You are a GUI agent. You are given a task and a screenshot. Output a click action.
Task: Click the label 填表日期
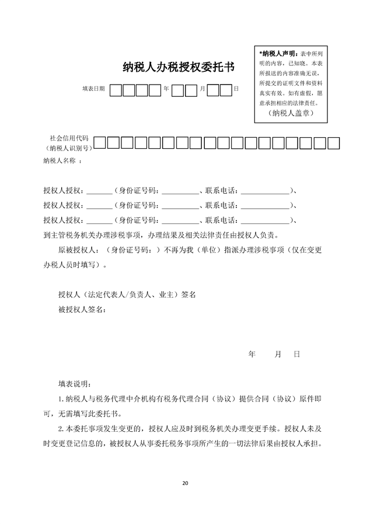(93, 89)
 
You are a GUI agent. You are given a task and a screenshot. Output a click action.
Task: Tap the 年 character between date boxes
(166, 89)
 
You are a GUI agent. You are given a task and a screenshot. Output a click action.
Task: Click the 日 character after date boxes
(236, 89)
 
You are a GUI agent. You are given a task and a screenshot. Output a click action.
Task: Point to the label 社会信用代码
(69, 138)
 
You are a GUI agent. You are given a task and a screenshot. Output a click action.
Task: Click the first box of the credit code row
(100, 142)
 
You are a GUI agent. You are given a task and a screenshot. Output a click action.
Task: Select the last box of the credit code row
(334, 142)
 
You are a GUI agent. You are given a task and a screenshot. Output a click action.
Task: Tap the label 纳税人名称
(60, 160)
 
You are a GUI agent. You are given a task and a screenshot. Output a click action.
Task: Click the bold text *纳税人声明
(279, 53)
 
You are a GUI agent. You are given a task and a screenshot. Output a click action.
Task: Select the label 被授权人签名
(81, 309)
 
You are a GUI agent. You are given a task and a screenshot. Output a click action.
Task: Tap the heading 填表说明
(74, 383)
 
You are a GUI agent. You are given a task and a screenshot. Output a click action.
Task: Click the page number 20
(186, 483)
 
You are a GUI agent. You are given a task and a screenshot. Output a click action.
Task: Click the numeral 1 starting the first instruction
(61, 399)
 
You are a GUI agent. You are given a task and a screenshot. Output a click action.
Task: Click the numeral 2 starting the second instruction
(61, 428)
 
